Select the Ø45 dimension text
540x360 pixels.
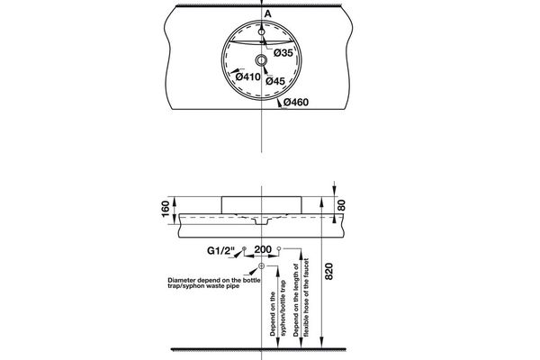[x=276, y=82]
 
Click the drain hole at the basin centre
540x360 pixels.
[x=262, y=59]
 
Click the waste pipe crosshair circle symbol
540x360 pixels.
[x=262, y=267]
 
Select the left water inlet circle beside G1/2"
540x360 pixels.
[x=244, y=248]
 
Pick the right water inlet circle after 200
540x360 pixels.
[x=280, y=248]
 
